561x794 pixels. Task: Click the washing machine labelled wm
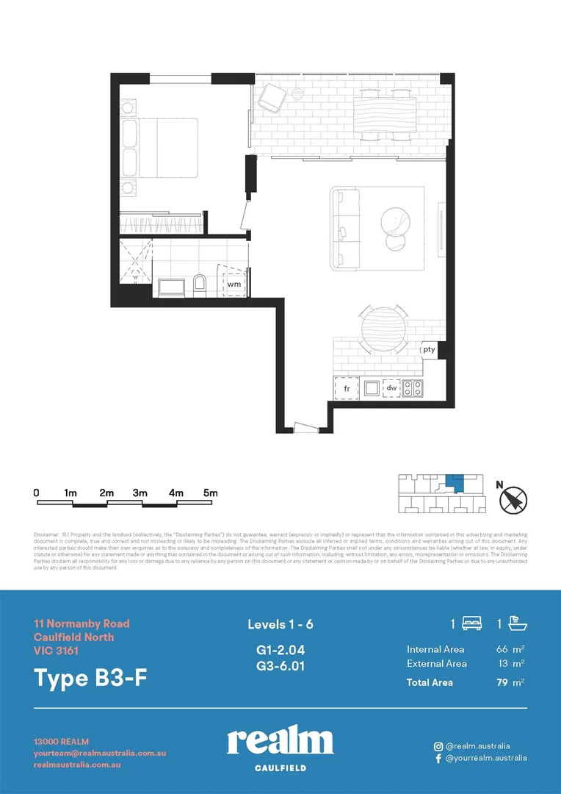pos(234,283)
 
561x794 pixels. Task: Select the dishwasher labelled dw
pos(391,387)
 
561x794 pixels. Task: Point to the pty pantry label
pos(430,350)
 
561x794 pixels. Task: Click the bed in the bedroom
pos(162,147)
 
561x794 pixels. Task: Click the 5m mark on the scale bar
pos(210,493)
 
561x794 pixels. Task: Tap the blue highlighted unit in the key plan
pos(456,484)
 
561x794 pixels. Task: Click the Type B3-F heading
pos(90,677)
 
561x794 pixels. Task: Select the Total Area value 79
pos(503,682)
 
